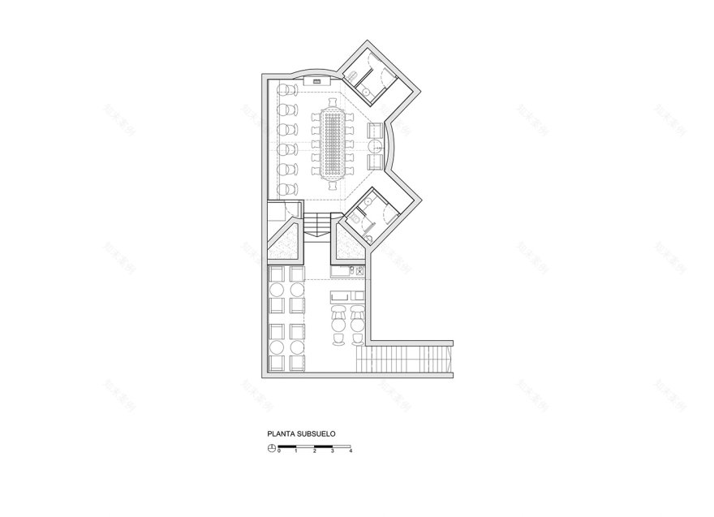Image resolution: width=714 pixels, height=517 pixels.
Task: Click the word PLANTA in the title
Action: click(x=279, y=434)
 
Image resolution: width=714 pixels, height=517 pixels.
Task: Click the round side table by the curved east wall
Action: click(x=375, y=145)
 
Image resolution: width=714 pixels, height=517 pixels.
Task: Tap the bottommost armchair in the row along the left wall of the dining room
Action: click(x=284, y=188)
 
